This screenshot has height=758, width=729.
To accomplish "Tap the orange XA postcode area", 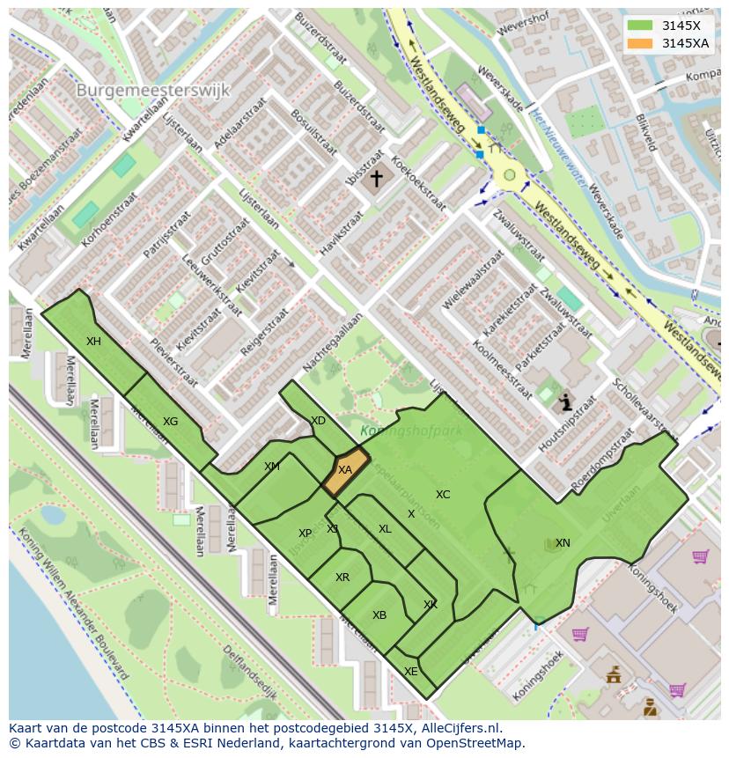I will pyautogui.click(x=344, y=470).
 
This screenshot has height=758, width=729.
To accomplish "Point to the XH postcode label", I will pyautogui.click(x=93, y=342).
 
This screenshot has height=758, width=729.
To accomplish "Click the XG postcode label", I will pyautogui.click(x=171, y=422).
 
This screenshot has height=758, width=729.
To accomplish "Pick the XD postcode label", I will pyautogui.click(x=318, y=421).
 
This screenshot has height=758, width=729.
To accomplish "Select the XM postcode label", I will pyautogui.click(x=272, y=467).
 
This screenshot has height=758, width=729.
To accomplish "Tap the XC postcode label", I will pyautogui.click(x=443, y=495).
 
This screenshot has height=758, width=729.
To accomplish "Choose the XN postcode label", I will pyautogui.click(x=563, y=543).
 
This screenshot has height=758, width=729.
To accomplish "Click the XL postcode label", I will pyautogui.click(x=385, y=529).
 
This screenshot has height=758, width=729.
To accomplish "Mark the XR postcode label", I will pyautogui.click(x=342, y=578).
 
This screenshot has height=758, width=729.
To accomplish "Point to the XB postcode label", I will pyautogui.click(x=379, y=615).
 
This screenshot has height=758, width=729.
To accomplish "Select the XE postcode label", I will pyautogui.click(x=410, y=671).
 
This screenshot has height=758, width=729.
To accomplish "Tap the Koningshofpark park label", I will pyautogui.click(x=399, y=431).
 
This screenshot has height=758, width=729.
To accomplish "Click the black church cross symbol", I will pyautogui.click(x=377, y=180).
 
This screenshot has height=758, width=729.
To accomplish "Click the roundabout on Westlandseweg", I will pyautogui.click(x=509, y=175).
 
